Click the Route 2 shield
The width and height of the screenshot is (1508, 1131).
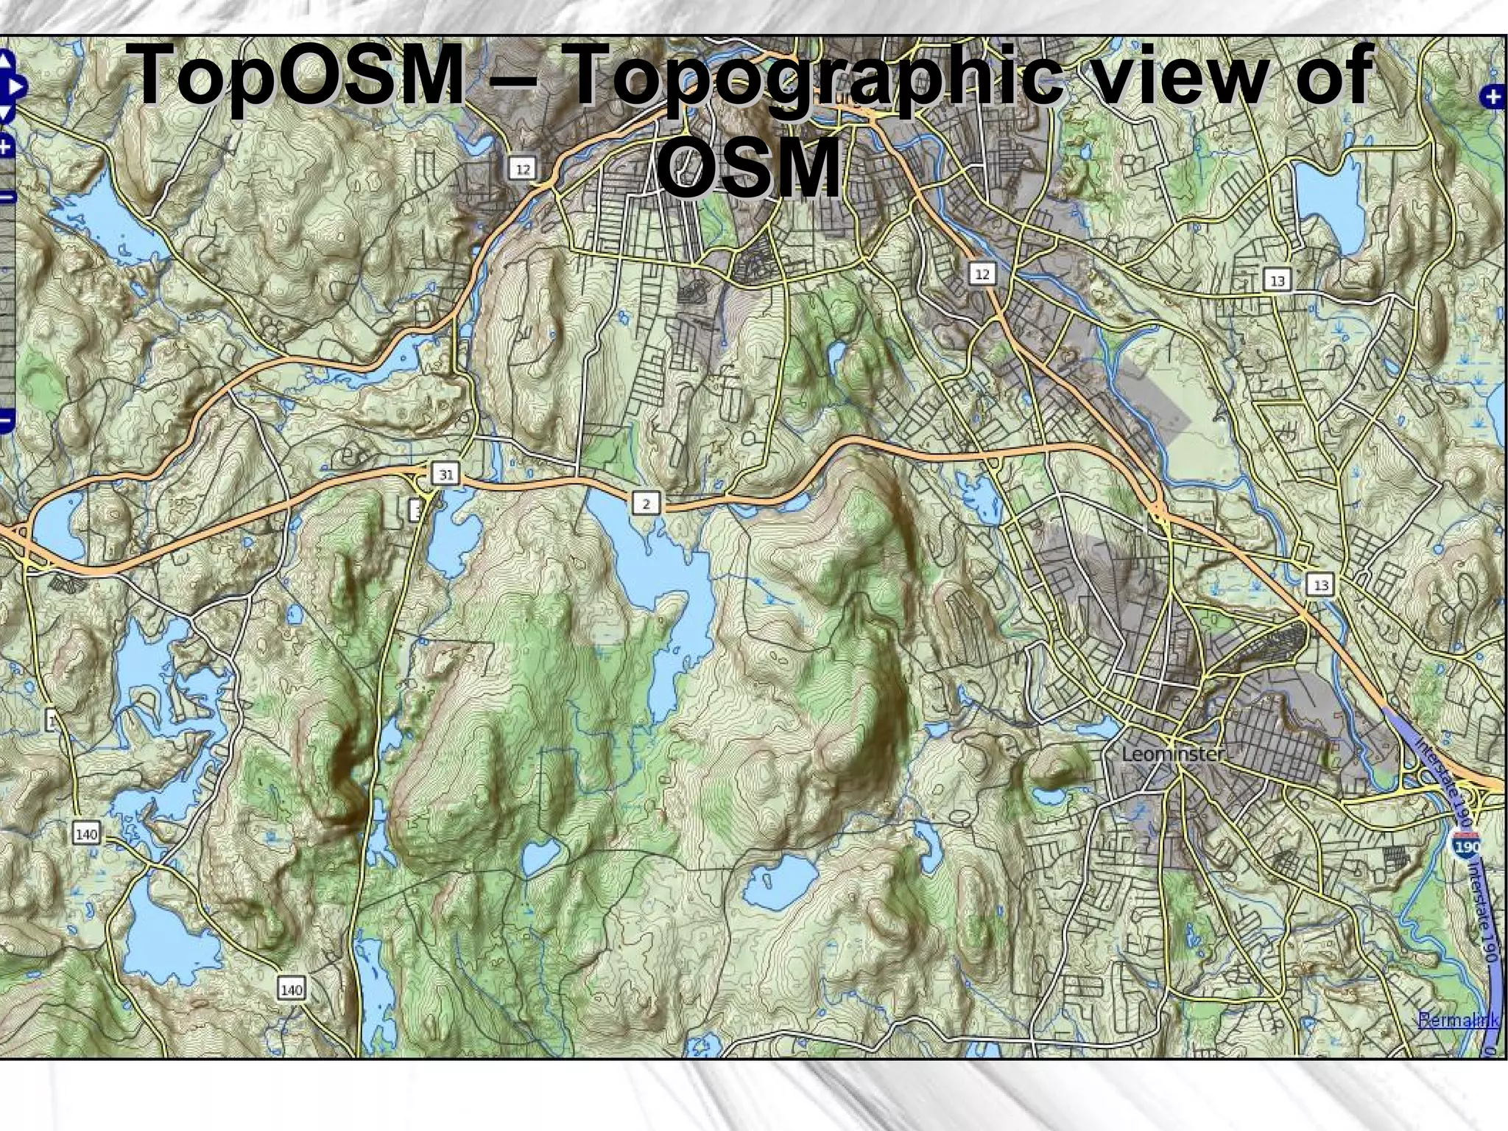click(x=646, y=504)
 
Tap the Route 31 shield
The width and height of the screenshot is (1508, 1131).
click(x=446, y=475)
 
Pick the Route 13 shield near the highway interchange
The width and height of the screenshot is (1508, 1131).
click(x=1321, y=585)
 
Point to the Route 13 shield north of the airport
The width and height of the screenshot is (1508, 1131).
click(x=1278, y=281)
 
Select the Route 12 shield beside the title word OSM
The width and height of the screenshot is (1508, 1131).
click(x=523, y=169)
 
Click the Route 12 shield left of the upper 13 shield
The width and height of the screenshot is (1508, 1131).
click(x=982, y=275)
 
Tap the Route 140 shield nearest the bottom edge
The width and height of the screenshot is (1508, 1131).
click(x=292, y=990)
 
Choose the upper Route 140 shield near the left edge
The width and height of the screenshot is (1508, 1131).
click(x=87, y=835)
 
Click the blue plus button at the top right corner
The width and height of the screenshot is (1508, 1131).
click(x=1493, y=97)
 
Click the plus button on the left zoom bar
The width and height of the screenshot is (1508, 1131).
click(x=6, y=147)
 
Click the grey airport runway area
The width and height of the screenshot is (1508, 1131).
click(x=1149, y=398)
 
